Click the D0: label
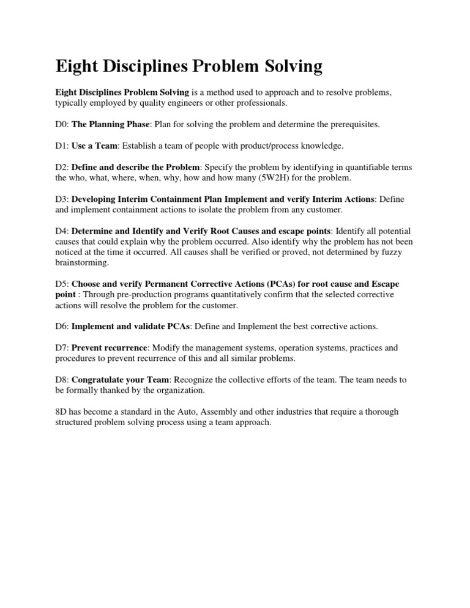(62, 124)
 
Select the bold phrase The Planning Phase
(111, 124)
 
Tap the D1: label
(62, 146)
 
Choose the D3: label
(62, 199)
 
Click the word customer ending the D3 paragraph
(326, 210)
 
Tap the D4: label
(62, 231)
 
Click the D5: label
(62, 284)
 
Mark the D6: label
(62, 326)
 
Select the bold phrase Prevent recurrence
(110, 347)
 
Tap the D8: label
(62, 379)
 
